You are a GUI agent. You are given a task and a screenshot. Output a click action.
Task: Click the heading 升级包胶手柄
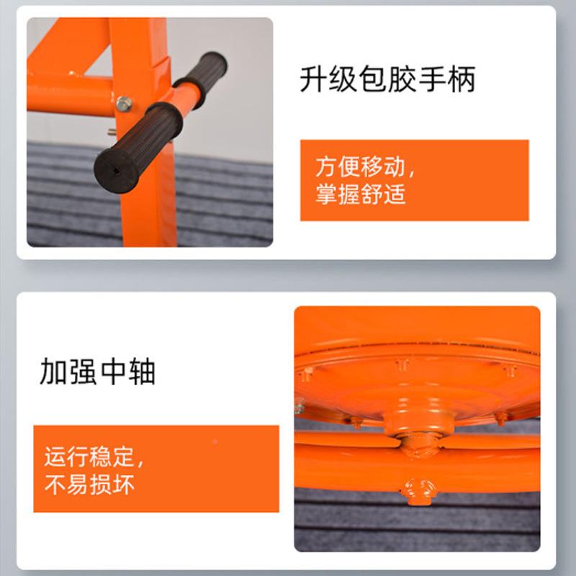coord(387,80)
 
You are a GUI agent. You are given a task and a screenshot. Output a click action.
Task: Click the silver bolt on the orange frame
coord(124,104)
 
